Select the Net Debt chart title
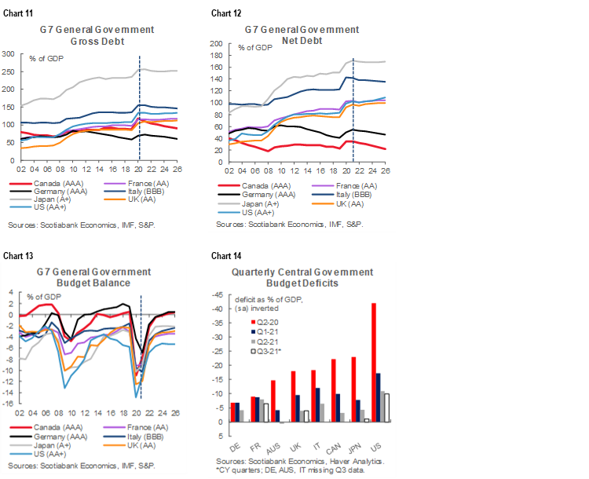coord(302,35)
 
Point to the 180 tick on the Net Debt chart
coord(218,44)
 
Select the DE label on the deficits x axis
coord(235,433)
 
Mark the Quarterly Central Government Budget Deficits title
coord(302,277)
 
